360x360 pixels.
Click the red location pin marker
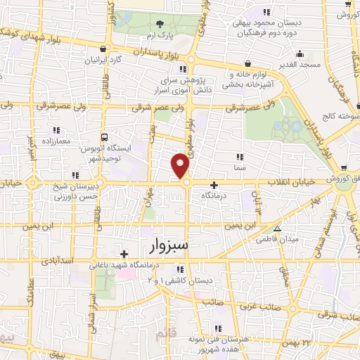181,166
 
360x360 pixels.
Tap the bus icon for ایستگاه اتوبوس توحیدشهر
104,138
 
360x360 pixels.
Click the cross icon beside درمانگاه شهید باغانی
124,254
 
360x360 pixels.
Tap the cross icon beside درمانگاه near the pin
214,184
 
